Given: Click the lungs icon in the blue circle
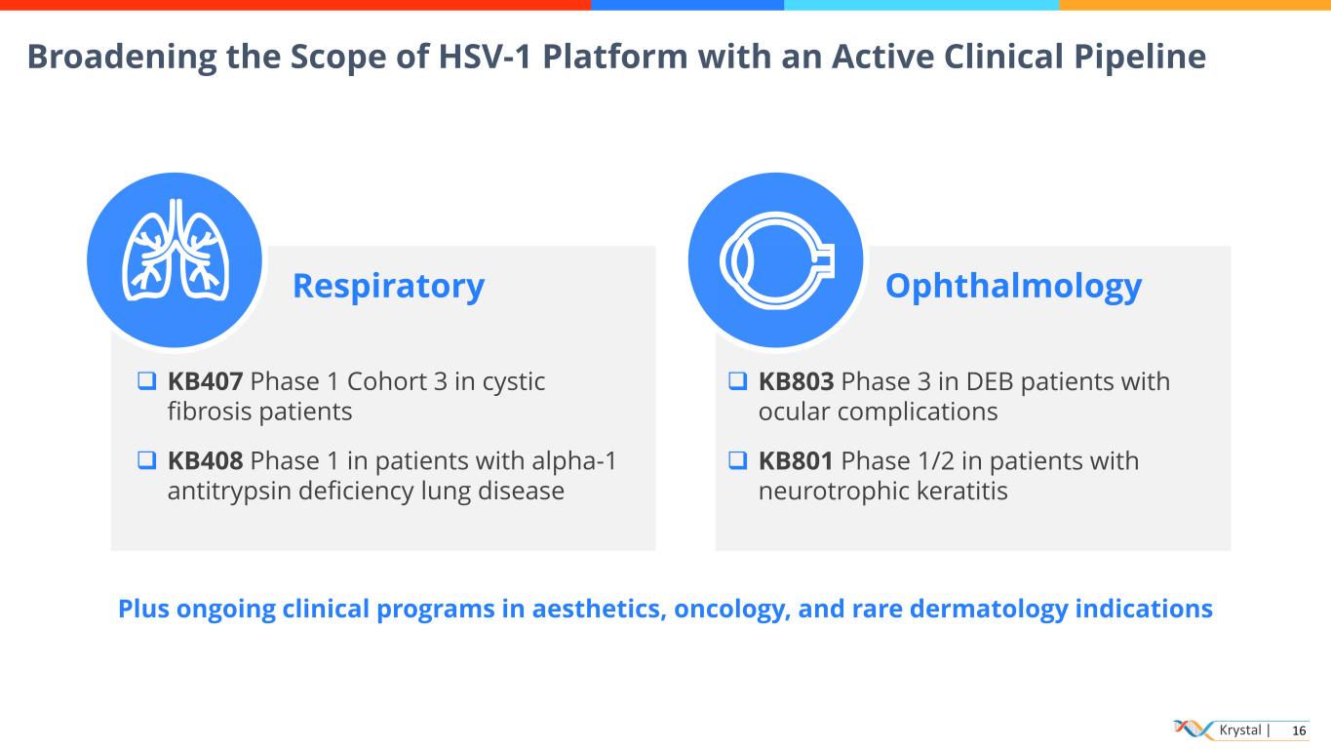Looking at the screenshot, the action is coord(176,250).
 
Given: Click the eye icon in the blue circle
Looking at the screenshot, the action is coord(777,261).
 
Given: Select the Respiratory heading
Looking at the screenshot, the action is coord(389,287).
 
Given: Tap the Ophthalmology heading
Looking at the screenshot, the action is coord(1013,287).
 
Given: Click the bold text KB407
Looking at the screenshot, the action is coord(205,381).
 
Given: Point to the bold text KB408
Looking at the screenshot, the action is coord(205,461).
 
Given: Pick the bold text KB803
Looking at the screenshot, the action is coord(797,381).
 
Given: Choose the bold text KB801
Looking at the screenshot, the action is coord(796,461).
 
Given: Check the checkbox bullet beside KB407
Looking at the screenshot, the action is coord(147,381).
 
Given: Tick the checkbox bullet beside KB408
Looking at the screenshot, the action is coord(147,460).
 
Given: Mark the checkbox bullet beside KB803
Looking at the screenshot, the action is coord(738,381).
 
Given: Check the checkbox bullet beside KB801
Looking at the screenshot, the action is coord(738,460).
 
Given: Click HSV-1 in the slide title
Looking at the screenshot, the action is coord(485,58).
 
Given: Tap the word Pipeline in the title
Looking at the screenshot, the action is coord(1140,58).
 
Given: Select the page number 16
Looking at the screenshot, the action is coord(1299,730).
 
